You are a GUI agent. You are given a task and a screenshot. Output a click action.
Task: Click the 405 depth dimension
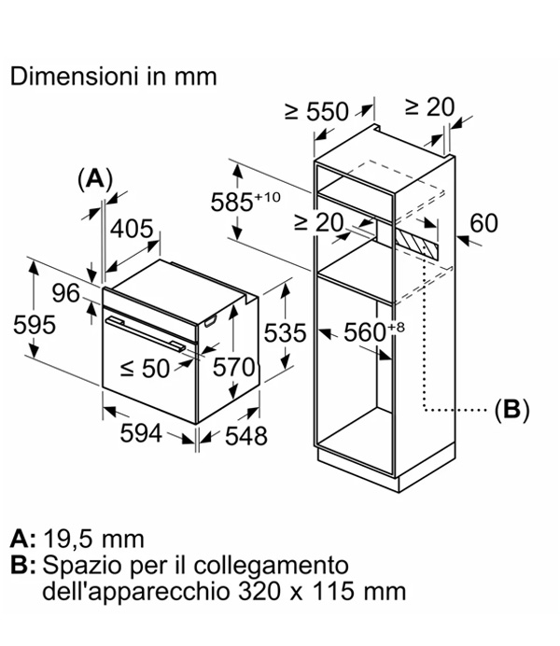click(132, 228)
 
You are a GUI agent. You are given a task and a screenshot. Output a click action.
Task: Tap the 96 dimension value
click(66, 293)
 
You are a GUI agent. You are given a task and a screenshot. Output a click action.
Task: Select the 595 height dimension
click(35, 325)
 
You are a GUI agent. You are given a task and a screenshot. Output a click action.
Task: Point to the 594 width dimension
click(141, 433)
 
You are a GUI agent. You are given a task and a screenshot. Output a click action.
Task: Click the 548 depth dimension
click(245, 436)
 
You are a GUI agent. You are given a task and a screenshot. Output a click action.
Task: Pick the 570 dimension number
click(234, 367)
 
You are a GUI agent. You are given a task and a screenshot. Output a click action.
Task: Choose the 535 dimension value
click(285, 333)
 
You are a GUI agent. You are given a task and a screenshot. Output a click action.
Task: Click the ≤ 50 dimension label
click(145, 369)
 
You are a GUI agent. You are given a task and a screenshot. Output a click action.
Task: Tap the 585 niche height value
click(245, 201)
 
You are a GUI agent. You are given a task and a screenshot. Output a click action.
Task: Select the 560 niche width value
click(374, 331)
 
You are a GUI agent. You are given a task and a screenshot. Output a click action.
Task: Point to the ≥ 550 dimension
click(316, 111)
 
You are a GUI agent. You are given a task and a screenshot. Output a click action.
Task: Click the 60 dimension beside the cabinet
click(483, 223)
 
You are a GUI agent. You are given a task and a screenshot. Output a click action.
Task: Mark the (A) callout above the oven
click(95, 179)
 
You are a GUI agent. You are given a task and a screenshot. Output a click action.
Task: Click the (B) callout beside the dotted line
click(511, 410)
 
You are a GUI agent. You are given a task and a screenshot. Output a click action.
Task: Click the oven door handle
click(146, 333)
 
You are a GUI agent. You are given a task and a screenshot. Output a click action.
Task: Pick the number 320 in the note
click(259, 591)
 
